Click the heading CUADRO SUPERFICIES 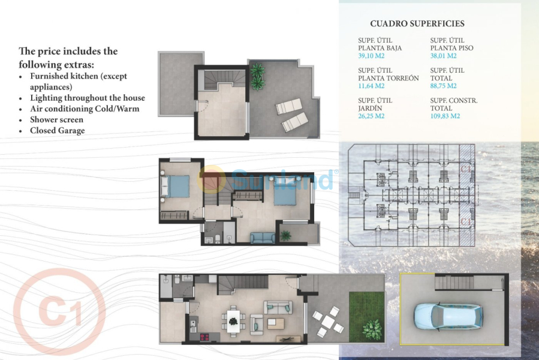click(x=417, y=24)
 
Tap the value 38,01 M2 click(x=444, y=56)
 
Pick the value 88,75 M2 click(x=444, y=86)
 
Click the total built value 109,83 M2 click(x=445, y=116)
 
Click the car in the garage click(x=447, y=315)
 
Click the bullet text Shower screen click(x=56, y=119)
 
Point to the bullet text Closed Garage click(x=57, y=130)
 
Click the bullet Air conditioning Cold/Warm click(x=84, y=109)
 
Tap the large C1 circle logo click(x=59, y=311)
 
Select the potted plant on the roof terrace click(x=258, y=76)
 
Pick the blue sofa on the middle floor click(x=262, y=238)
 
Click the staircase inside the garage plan click(x=454, y=283)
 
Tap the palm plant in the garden click(x=372, y=329)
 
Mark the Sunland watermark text click(x=282, y=179)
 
